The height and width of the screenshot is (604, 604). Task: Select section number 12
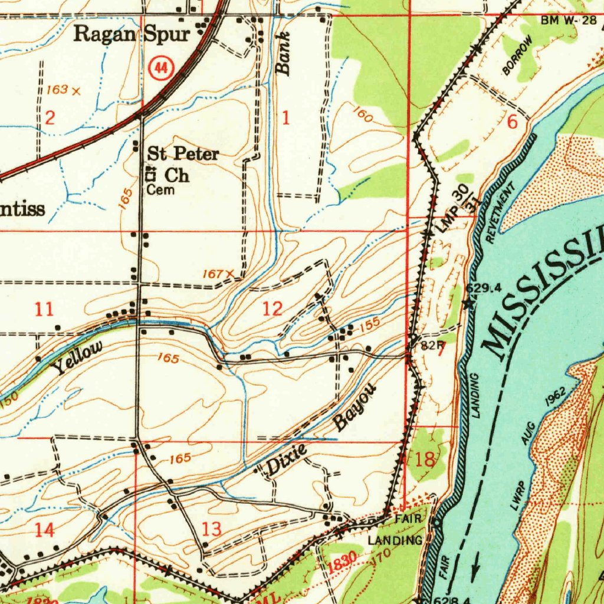tap(272, 308)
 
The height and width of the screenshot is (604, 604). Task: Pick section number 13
tap(211, 528)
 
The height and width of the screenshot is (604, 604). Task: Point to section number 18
tap(424, 459)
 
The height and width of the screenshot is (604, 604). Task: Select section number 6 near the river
tap(512, 123)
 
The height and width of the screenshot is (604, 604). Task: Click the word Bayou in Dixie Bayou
tap(355, 406)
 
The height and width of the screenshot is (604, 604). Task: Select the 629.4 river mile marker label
tap(484, 288)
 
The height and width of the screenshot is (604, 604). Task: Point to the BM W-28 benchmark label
tap(568, 21)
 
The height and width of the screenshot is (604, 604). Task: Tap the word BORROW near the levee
tap(517, 55)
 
